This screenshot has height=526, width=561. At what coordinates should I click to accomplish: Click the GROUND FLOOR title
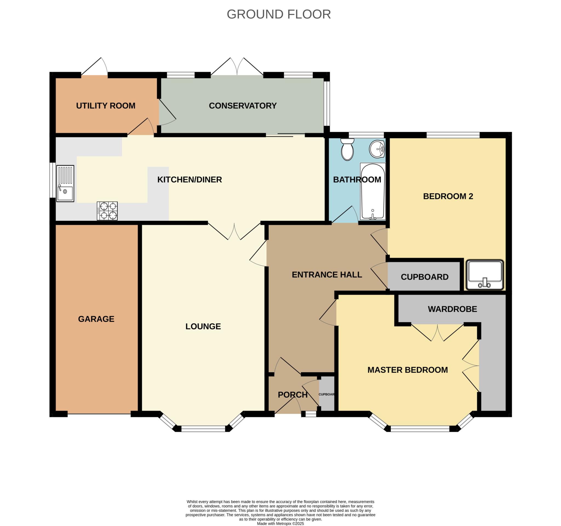click(x=279, y=14)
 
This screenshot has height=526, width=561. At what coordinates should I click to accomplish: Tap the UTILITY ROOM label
click(x=106, y=106)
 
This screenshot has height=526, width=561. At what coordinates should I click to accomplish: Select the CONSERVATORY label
click(x=243, y=106)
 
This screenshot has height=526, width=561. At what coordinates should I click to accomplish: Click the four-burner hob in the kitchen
click(x=107, y=211)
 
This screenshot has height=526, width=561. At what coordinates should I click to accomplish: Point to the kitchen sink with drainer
click(x=65, y=184)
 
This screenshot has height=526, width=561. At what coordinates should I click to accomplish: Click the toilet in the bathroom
click(x=347, y=149)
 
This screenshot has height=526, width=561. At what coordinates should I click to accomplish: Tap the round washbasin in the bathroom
click(x=377, y=149)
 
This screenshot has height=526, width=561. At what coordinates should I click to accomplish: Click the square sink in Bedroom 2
click(x=485, y=275)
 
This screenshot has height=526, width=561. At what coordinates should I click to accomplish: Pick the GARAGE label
click(x=96, y=319)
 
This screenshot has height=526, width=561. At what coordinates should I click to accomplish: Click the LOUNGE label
click(x=203, y=326)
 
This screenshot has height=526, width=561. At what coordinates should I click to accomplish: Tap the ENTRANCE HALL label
click(x=327, y=275)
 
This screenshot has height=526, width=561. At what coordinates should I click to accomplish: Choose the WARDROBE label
click(x=452, y=309)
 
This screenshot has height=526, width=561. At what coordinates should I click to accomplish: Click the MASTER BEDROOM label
click(x=408, y=370)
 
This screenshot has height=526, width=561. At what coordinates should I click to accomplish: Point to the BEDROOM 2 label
click(x=448, y=196)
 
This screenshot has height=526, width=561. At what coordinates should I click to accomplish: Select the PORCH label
click(x=293, y=395)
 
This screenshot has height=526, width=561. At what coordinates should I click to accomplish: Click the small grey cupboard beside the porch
click(x=327, y=394)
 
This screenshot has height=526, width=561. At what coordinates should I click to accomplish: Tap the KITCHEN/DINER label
click(x=190, y=180)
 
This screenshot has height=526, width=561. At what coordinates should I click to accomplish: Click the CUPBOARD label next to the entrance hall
click(x=425, y=277)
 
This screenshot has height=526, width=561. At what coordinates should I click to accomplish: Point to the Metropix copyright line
click(x=280, y=524)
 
